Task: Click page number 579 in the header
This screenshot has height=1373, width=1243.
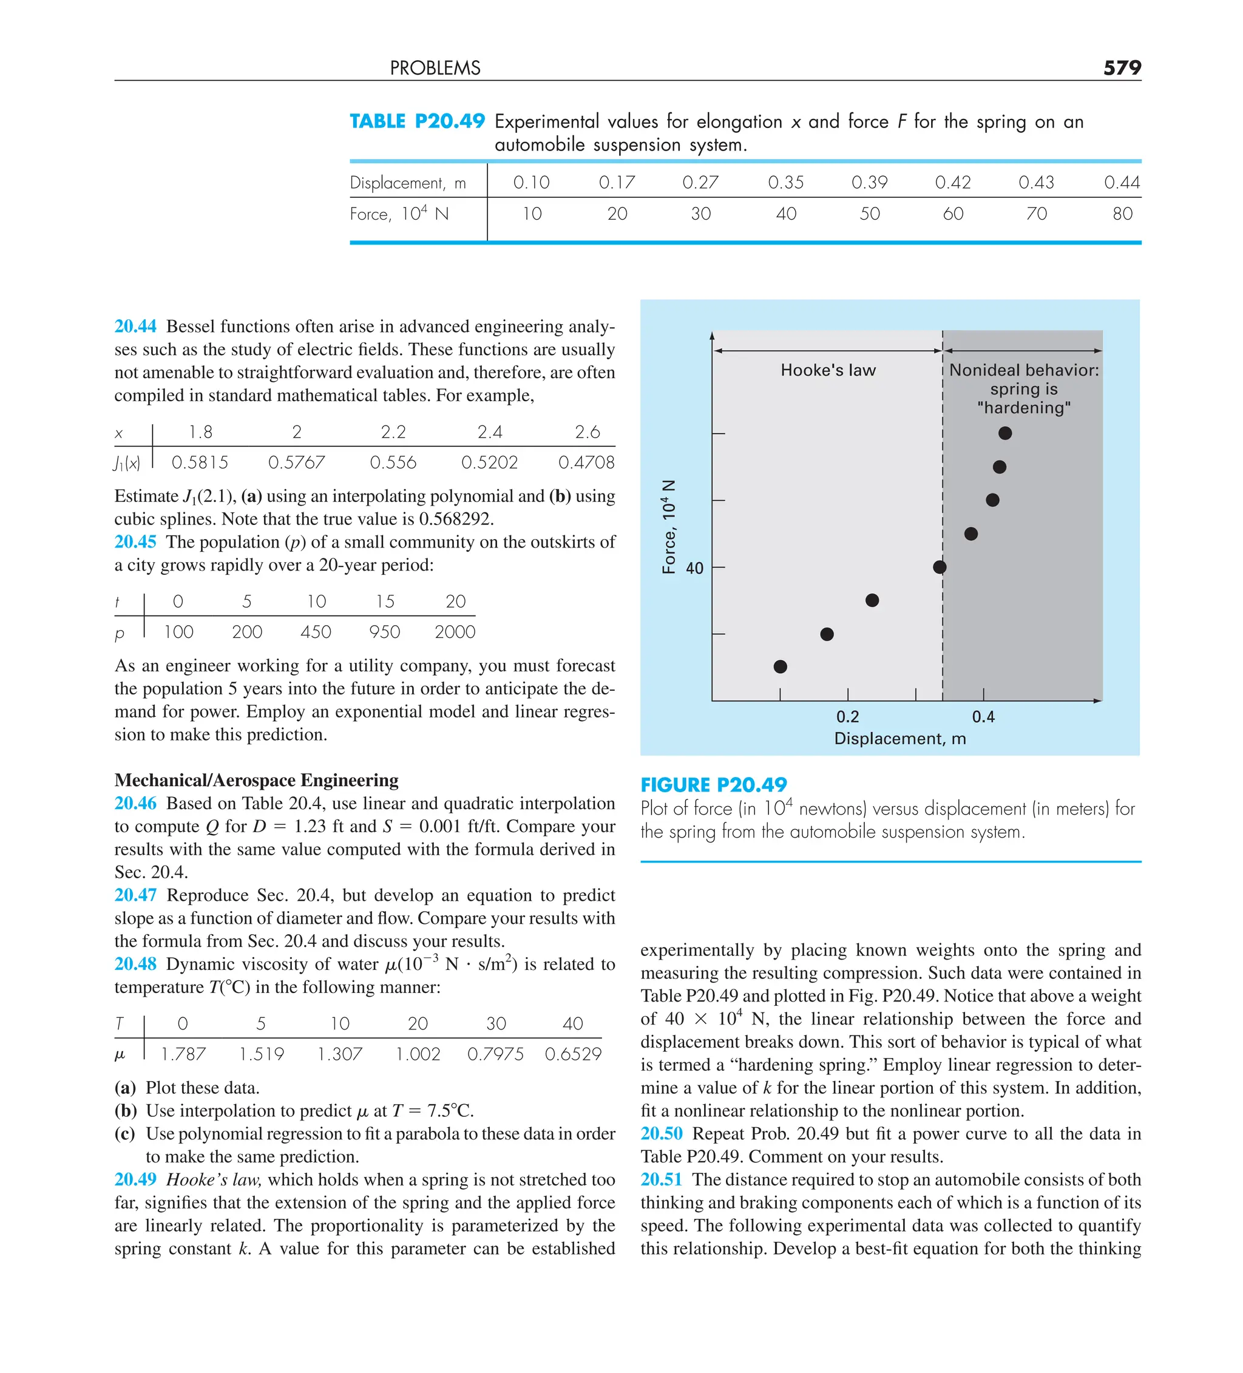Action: click(x=1121, y=67)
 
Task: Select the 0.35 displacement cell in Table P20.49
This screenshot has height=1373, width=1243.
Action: click(x=785, y=183)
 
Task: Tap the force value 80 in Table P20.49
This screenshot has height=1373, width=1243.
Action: click(x=1122, y=214)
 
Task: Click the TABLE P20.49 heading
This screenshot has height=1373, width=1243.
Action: click(x=417, y=121)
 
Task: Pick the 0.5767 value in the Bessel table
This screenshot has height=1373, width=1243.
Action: click(x=296, y=463)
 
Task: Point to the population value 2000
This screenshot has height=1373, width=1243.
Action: click(x=455, y=632)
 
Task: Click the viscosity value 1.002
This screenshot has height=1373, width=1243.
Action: click(x=418, y=1054)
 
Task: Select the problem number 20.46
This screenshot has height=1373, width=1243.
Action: click(x=135, y=803)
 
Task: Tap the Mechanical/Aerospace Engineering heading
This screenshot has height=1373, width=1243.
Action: click(x=256, y=780)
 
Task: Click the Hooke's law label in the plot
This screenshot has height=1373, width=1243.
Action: click(x=827, y=370)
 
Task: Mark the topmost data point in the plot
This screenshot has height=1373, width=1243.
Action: click(x=1004, y=433)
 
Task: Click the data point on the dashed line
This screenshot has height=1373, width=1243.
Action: click(x=940, y=567)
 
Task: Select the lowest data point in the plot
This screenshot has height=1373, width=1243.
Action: click(x=781, y=666)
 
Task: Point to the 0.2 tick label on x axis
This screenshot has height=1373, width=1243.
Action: click(x=847, y=716)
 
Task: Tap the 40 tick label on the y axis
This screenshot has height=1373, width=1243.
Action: click(x=694, y=568)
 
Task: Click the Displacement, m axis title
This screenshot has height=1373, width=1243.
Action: click(x=899, y=739)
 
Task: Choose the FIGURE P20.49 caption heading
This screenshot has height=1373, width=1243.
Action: click(x=713, y=785)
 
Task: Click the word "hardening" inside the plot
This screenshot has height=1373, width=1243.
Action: click(x=1023, y=408)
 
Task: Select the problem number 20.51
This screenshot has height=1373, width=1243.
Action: click(x=661, y=1179)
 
